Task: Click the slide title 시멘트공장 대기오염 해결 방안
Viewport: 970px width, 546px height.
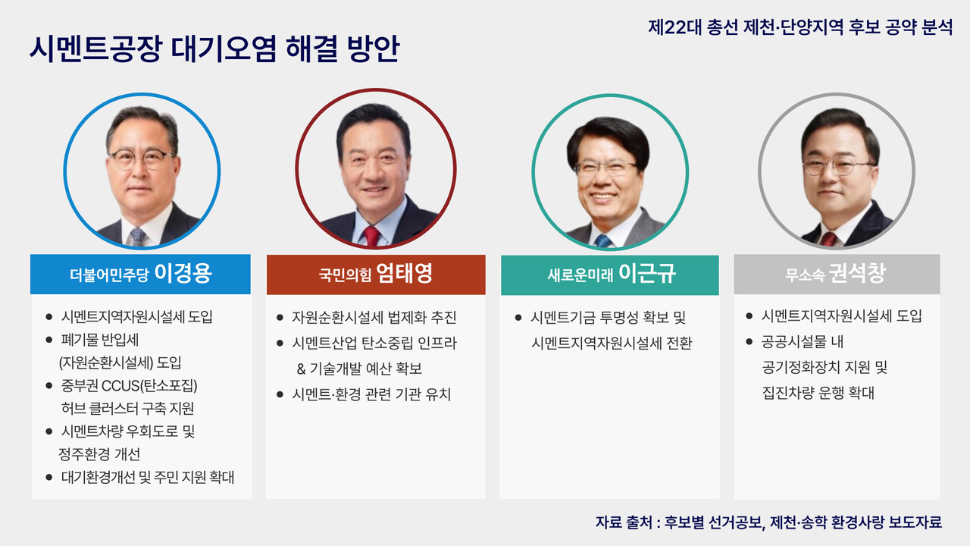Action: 214,50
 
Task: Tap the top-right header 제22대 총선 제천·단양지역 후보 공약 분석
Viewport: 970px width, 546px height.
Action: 800,27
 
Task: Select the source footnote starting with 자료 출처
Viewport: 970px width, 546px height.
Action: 768,522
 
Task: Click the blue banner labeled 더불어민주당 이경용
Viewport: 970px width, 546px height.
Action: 140,275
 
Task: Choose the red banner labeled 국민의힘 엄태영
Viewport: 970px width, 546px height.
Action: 375,275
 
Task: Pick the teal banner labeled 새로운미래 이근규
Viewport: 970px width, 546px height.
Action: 610,275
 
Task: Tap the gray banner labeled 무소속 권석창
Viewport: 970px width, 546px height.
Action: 837,275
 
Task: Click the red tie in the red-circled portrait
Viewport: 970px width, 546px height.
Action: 372,235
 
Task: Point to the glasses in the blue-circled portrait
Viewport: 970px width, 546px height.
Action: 142,158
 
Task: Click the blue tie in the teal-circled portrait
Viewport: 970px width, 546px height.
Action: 602,240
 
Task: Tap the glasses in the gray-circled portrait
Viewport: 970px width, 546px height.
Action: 838,165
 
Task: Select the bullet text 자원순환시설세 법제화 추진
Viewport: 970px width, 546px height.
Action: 374,317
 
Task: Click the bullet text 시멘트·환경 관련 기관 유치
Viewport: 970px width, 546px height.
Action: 371,394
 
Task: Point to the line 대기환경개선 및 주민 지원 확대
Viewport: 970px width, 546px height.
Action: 148,478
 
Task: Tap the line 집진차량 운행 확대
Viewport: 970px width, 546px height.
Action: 818,393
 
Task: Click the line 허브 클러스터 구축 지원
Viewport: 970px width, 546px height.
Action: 127,409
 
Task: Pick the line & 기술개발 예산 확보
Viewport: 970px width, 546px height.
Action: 360,369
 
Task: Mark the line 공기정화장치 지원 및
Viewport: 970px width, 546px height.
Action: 824,368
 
